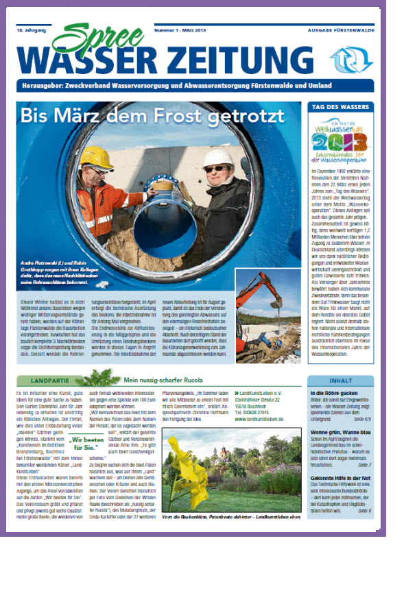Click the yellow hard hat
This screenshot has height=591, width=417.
96,158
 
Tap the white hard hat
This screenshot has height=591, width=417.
218,159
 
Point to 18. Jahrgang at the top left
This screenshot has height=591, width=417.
31,32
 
